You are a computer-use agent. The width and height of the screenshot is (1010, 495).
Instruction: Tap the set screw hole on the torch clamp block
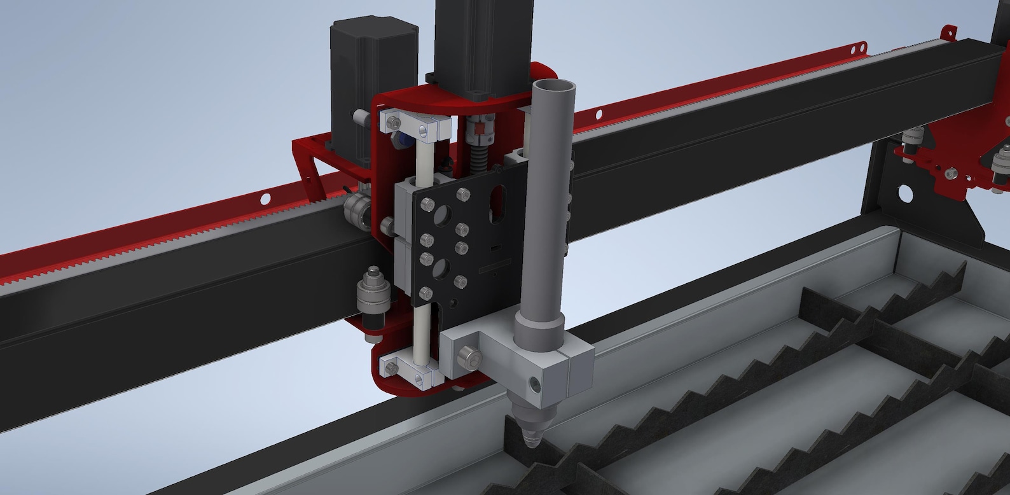534,384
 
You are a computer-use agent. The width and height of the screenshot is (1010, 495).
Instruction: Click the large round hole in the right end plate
904,191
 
